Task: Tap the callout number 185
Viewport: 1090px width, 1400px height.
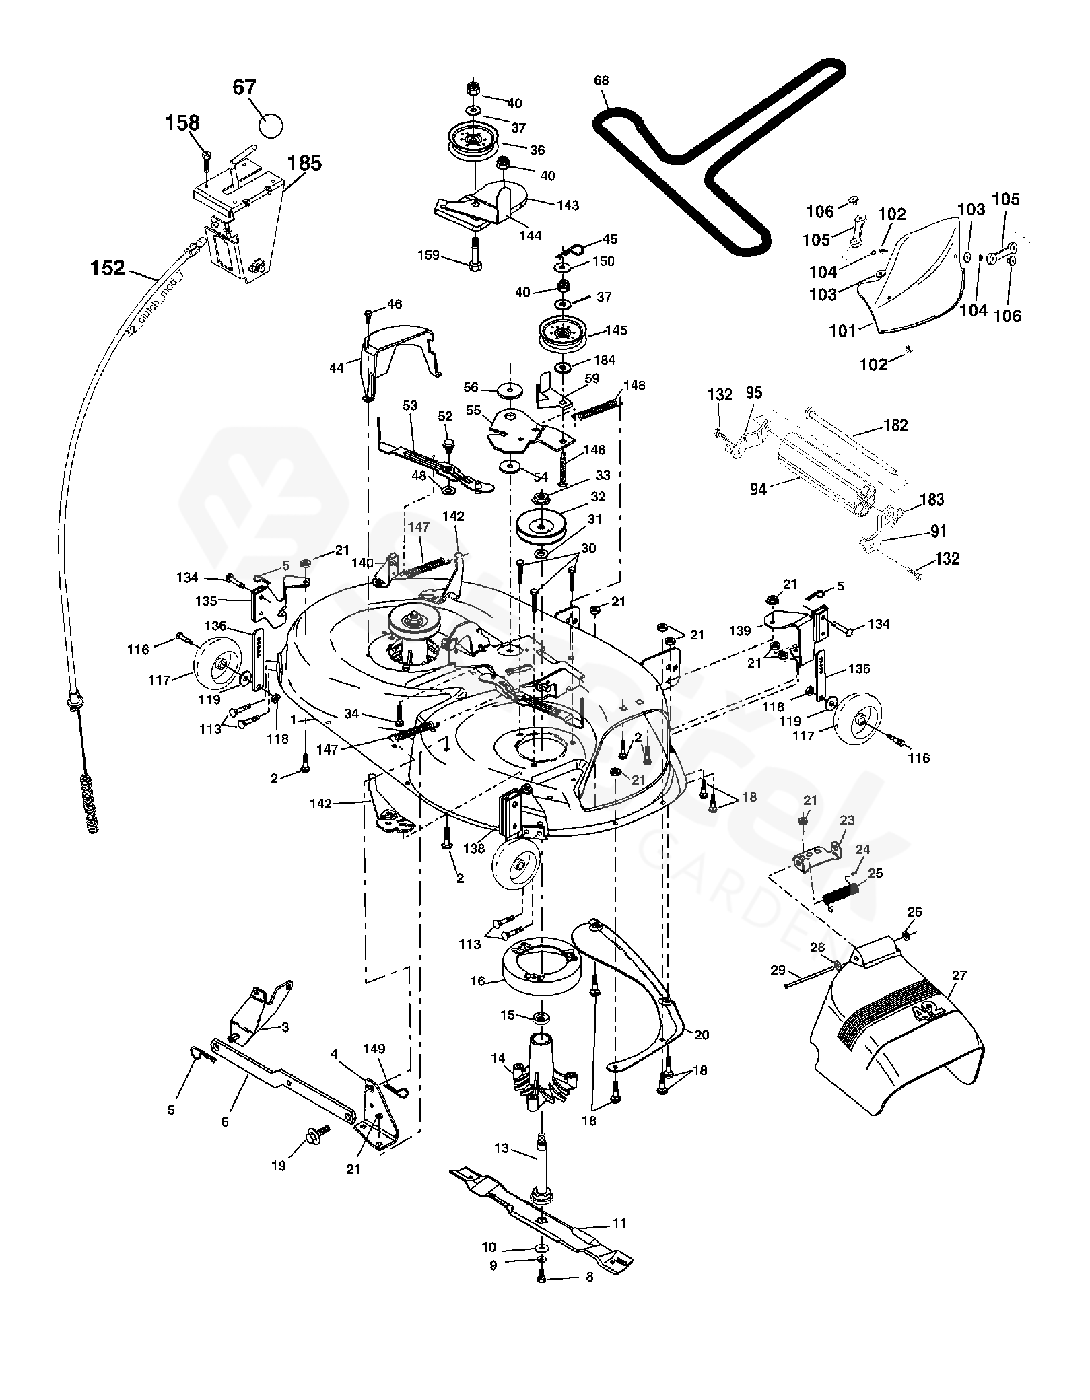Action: (305, 164)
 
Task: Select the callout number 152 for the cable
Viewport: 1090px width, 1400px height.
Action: (108, 268)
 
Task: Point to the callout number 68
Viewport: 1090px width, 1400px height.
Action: (601, 81)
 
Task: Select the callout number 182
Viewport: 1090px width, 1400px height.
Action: (895, 425)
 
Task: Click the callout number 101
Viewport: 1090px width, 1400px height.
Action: (842, 330)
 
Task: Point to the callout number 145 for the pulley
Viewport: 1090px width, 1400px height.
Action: (616, 330)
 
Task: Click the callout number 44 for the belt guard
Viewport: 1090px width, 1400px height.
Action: (336, 367)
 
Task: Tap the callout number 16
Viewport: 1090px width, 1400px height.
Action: (477, 981)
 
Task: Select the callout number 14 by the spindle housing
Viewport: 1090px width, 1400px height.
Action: (498, 1059)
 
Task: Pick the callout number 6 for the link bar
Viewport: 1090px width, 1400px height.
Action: (225, 1122)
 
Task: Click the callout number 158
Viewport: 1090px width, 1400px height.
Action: (183, 123)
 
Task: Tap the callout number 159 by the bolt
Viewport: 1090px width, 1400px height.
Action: (428, 255)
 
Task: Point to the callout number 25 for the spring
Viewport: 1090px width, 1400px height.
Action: (875, 873)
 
